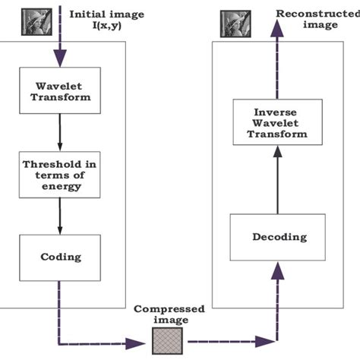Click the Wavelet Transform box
tap(59, 90)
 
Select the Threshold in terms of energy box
tap(60, 175)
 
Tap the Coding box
tap(60, 257)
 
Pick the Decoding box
tap(279, 237)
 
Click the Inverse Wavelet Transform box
tap(279, 121)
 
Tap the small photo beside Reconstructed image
tap(230, 22)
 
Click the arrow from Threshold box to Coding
tap(60, 216)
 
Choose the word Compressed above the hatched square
tap(159, 310)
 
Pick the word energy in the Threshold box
tap(60, 187)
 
